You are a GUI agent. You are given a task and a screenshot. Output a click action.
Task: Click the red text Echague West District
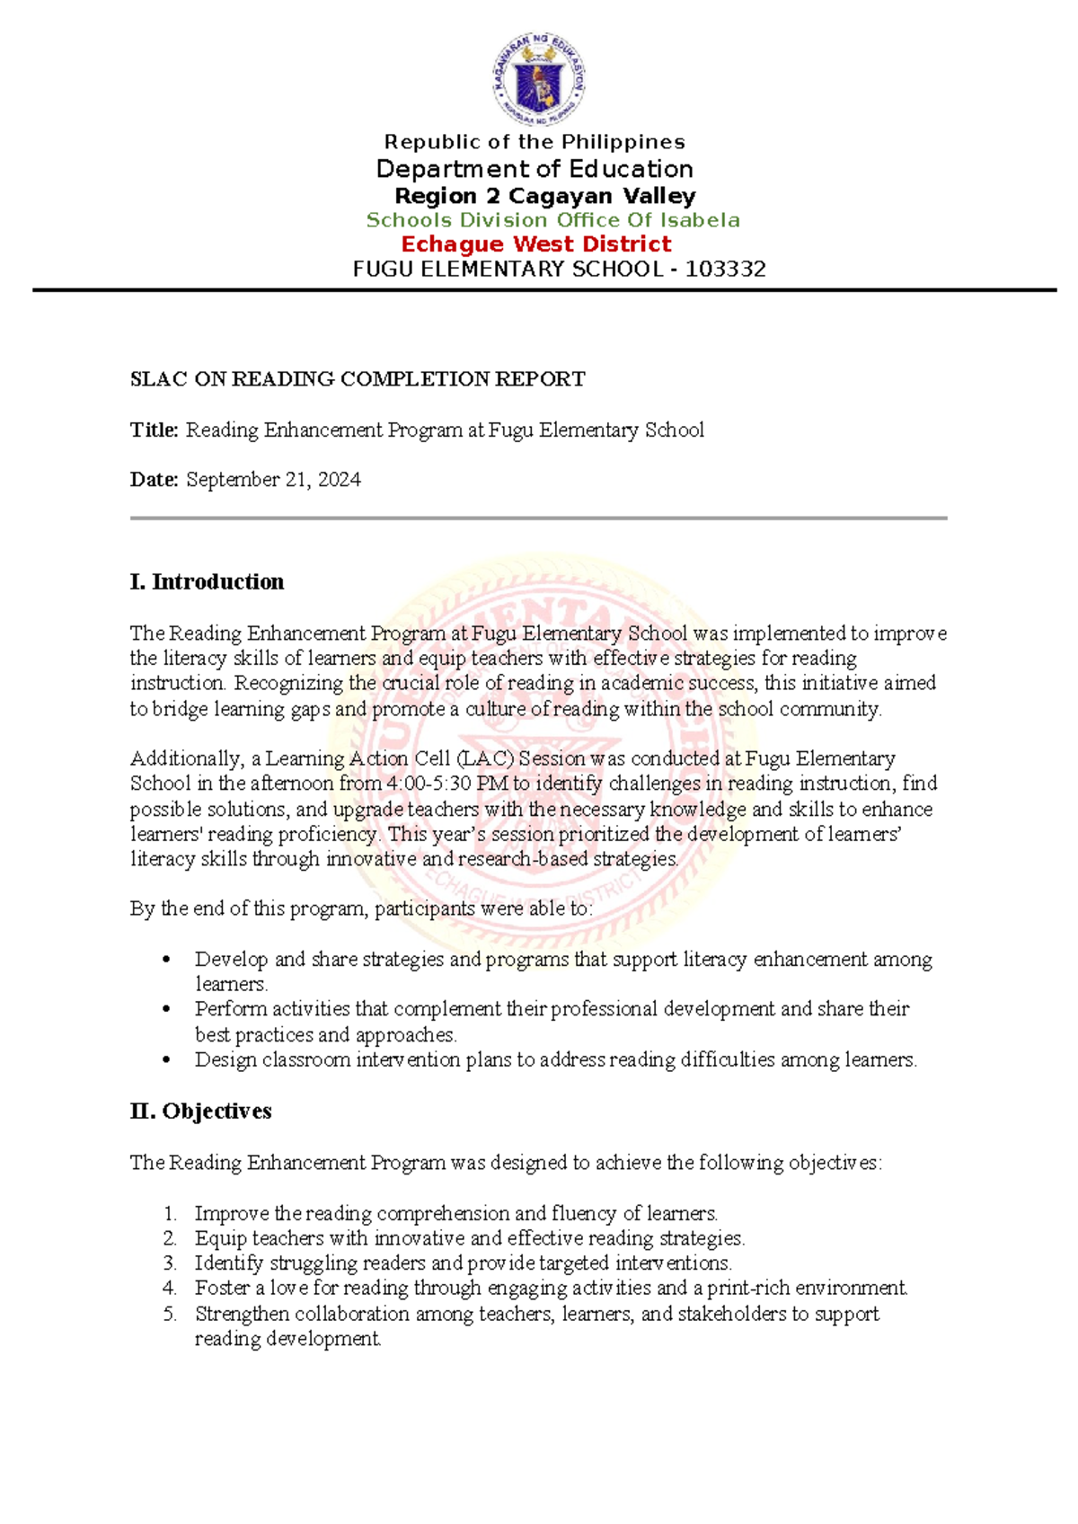[x=535, y=244]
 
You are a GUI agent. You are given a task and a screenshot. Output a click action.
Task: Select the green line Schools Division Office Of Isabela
[x=552, y=220]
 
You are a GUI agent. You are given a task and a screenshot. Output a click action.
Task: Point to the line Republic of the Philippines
[x=535, y=142]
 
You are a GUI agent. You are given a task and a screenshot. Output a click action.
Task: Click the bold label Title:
[x=155, y=430]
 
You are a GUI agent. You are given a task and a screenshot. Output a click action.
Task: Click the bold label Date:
[x=155, y=480]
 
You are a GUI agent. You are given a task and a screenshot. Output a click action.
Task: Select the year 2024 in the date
[x=340, y=480]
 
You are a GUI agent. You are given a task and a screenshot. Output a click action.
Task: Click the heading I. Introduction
[x=207, y=582]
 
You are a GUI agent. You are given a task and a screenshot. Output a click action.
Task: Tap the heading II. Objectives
[x=200, y=1112]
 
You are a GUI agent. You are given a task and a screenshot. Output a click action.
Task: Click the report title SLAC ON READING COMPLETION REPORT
[x=358, y=379]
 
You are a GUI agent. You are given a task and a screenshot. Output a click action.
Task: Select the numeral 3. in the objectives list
[x=170, y=1263]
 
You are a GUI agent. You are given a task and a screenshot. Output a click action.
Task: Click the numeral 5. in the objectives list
[x=170, y=1314]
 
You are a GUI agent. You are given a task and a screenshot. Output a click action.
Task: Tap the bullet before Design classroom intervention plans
[x=166, y=1060]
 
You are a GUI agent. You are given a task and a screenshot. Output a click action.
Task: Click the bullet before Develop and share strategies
[x=166, y=960]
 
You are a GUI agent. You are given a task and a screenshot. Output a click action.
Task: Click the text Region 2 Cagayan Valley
[x=545, y=196]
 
